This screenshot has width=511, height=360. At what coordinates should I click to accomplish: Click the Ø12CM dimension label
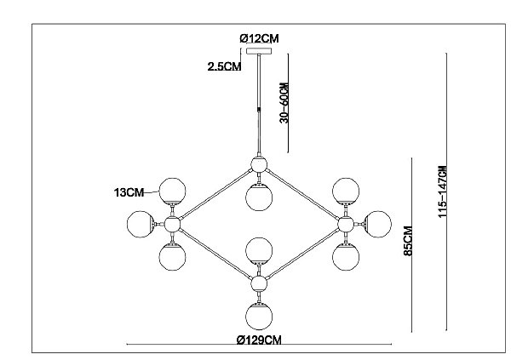tap(259, 38)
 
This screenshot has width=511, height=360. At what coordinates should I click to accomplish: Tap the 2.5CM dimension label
tap(224, 66)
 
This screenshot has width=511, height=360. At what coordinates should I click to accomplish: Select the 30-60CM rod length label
tap(284, 103)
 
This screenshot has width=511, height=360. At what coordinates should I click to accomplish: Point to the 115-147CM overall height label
tap(442, 191)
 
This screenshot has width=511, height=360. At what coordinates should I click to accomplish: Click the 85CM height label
tap(408, 241)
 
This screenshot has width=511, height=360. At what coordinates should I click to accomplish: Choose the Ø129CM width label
tap(259, 340)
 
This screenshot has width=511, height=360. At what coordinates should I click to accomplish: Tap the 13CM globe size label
tap(129, 192)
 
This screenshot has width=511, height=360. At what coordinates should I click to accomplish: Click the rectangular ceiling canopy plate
tap(259, 51)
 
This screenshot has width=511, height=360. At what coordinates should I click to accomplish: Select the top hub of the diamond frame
tap(259, 164)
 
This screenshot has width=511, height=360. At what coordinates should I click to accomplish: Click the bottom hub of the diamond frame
tap(259, 283)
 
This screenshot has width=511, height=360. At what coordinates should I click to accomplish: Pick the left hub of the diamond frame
tap(172, 224)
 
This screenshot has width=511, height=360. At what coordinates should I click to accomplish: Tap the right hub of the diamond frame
tap(346, 224)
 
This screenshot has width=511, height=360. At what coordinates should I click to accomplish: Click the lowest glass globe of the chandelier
tap(259, 317)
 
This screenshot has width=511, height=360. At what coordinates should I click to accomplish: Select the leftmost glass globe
tap(141, 224)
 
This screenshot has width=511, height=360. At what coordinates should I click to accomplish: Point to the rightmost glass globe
tap(377, 224)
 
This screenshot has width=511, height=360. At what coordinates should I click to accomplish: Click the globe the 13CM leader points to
tap(172, 191)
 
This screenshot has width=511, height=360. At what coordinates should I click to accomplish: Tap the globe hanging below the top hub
tap(259, 197)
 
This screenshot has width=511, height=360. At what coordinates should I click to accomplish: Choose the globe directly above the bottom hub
tap(259, 251)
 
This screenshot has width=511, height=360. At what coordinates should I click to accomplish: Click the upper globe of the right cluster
tap(346, 191)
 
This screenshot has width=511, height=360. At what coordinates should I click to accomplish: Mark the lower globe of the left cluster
tap(172, 257)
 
